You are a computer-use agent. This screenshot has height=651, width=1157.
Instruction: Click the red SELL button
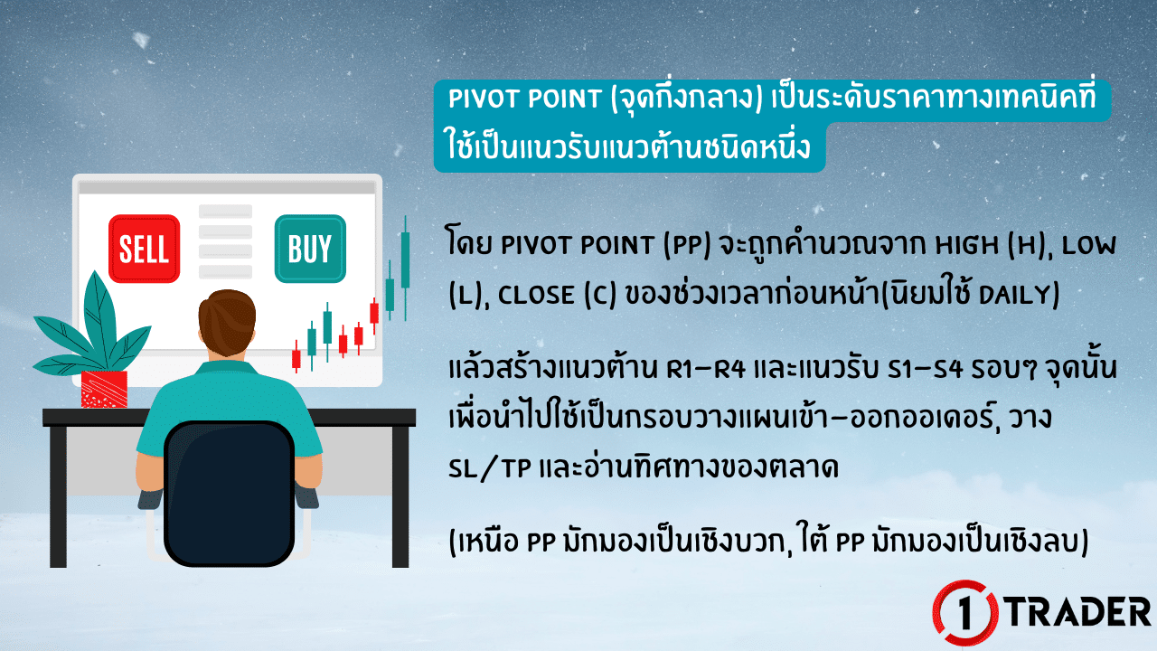(x=145, y=249)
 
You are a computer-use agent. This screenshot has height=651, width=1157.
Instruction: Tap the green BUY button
(x=309, y=248)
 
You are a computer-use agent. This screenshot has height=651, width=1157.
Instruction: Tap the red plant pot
(x=104, y=389)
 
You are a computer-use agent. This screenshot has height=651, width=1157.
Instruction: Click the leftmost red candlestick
(x=296, y=358)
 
